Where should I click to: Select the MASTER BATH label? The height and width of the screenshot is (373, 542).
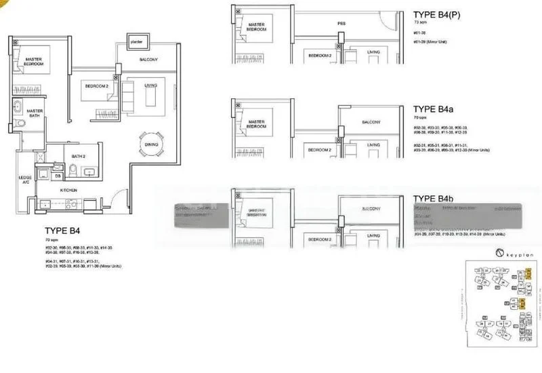tap(35, 113)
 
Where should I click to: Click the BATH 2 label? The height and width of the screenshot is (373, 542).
tap(79, 156)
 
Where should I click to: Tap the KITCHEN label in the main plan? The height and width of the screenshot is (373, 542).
tap(68, 191)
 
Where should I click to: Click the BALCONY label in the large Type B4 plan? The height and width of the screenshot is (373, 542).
tap(148, 60)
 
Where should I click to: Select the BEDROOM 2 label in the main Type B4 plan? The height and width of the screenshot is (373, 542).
tap(96, 86)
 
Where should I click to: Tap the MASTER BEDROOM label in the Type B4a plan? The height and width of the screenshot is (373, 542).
tap(256, 124)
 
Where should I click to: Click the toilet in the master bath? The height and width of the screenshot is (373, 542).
tap(21, 123)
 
